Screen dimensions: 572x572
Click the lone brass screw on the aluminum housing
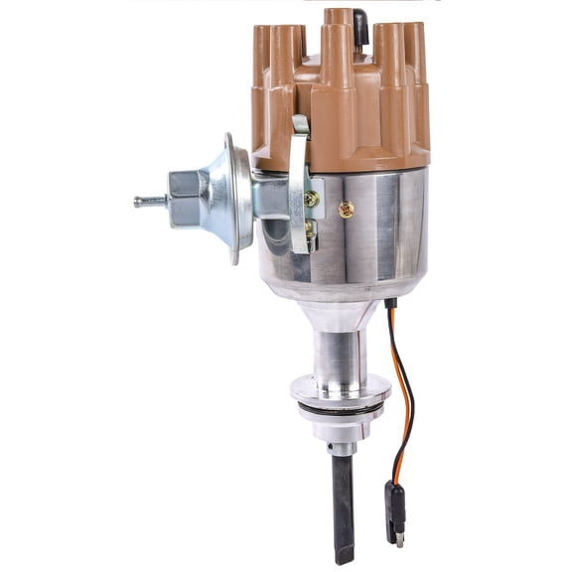click(347, 210)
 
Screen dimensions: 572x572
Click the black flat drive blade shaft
click(343, 497)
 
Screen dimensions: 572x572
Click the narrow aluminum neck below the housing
click(341, 348)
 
